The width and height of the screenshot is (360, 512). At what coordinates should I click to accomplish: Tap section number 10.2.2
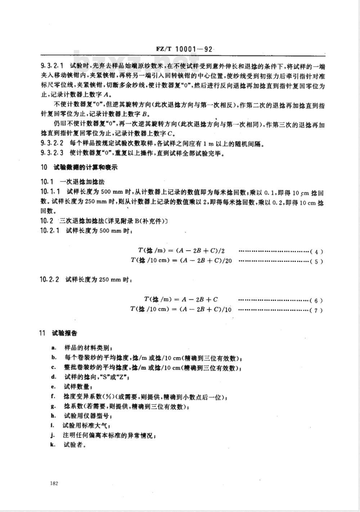(51, 279)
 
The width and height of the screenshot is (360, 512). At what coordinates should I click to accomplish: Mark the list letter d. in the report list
(54, 377)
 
